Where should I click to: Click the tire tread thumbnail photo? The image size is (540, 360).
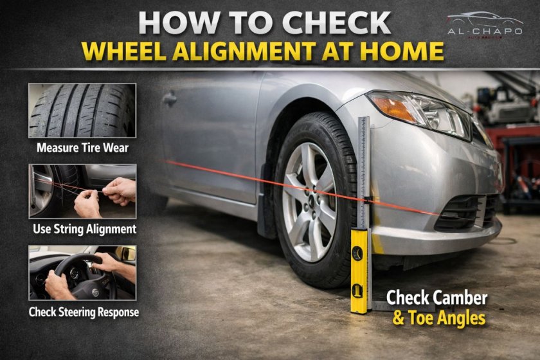[82, 111]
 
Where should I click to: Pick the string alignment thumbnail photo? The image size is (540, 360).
[82, 191]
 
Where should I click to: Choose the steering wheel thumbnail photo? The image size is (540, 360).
[82, 272]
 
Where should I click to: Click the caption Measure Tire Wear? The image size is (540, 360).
[82, 148]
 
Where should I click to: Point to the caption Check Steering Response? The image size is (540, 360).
[84, 312]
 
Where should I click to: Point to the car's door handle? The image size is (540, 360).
[170, 99]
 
